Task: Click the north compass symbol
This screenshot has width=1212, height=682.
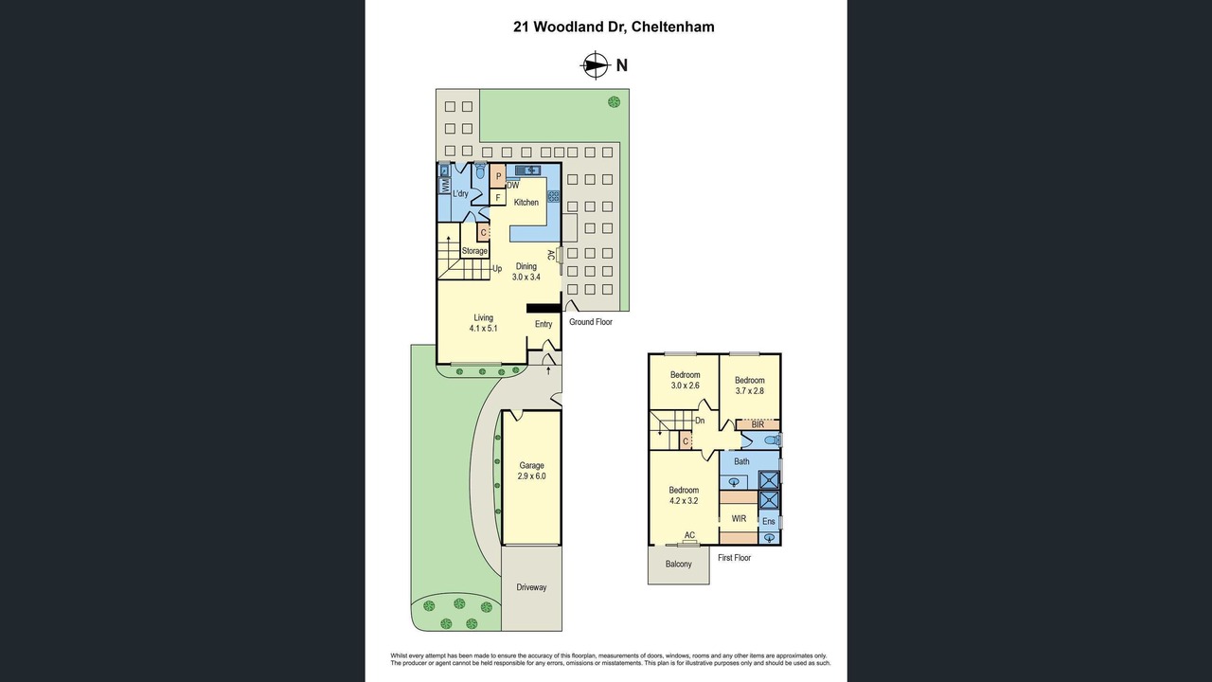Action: click(596, 65)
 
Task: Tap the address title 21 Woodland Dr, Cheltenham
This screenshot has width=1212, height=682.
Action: click(614, 27)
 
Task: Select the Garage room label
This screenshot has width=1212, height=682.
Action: click(531, 465)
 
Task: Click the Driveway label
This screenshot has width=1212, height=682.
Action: click(531, 587)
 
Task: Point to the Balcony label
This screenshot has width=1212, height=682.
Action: click(679, 564)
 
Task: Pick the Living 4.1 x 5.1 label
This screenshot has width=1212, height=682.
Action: click(483, 323)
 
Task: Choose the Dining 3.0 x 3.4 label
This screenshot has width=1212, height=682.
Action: click(526, 272)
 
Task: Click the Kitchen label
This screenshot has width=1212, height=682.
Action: click(526, 203)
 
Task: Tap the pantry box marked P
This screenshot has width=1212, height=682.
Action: click(498, 176)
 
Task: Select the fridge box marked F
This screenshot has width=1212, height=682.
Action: click(498, 198)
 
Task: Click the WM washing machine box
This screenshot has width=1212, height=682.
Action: click(445, 187)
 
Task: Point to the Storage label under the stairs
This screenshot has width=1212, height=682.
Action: click(474, 251)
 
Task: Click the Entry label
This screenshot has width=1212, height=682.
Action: click(544, 324)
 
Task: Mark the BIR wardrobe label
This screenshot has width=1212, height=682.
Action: click(757, 425)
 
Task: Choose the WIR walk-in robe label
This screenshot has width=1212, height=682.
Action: click(739, 518)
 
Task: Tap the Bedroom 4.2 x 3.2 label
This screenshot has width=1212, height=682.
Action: click(684, 495)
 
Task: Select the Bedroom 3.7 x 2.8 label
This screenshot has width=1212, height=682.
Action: click(749, 386)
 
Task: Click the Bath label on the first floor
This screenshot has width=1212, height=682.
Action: click(741, 461)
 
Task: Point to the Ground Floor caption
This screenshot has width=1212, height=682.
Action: click(590, 322)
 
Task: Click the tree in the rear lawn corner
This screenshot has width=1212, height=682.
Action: click(614, 101)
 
